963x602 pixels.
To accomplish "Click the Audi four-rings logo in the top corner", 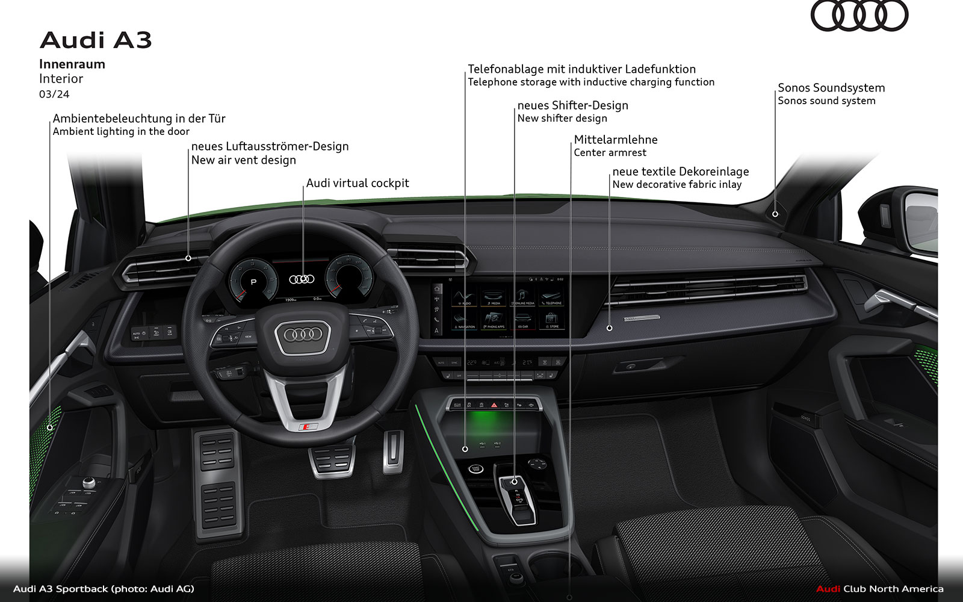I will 859,16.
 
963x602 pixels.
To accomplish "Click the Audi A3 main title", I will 96,40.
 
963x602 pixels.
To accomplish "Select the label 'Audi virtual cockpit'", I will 358,183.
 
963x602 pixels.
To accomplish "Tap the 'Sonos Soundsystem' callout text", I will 831,88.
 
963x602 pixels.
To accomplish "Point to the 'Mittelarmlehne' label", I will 616,140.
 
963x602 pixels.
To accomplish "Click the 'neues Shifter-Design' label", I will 572,105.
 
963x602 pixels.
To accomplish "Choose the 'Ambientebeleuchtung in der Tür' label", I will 139,119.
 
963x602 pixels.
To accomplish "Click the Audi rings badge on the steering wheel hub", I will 303,335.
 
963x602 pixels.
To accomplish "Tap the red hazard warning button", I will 494,406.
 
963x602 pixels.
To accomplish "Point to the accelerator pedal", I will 392,451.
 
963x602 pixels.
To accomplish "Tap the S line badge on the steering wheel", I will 309,427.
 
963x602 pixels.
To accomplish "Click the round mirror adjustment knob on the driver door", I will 89,482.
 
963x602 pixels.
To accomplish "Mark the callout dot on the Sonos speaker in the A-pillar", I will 775,214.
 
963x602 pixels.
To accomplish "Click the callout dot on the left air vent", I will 188,258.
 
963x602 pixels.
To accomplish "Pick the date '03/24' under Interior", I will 54,95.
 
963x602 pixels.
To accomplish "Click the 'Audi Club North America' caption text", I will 879,589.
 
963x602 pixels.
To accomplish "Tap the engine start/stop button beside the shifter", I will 475,468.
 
